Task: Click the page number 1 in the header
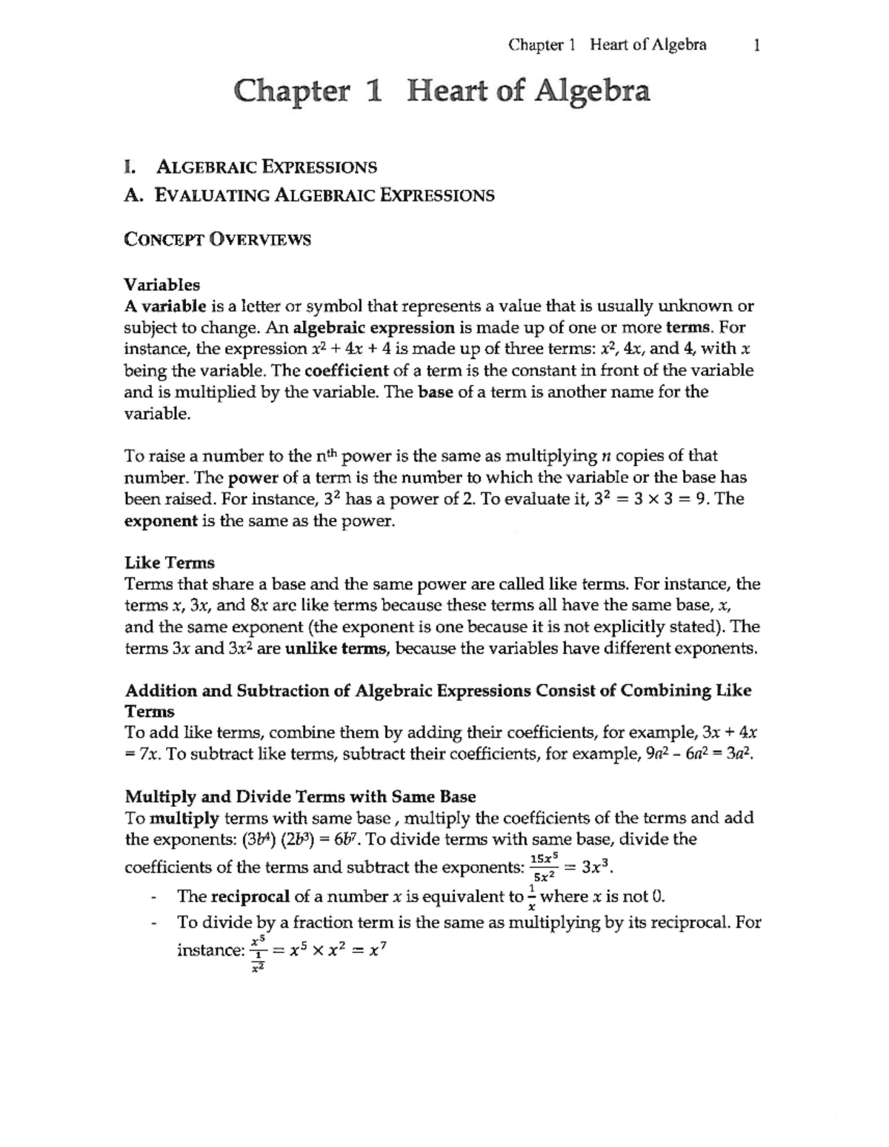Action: (756, 46)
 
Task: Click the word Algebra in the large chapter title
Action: (592, 92)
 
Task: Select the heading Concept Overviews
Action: (217, 240)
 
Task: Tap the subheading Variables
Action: (162, 284)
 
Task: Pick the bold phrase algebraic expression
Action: (373, 327)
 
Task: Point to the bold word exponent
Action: (161, 521)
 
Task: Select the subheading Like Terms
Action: (170, 563)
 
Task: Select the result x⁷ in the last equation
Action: (377, 950)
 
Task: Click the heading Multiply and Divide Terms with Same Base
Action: (300, 797)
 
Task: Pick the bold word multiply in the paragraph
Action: (184, 818)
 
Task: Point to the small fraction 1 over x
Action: (530, 897)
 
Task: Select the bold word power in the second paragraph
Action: (248, 478)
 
